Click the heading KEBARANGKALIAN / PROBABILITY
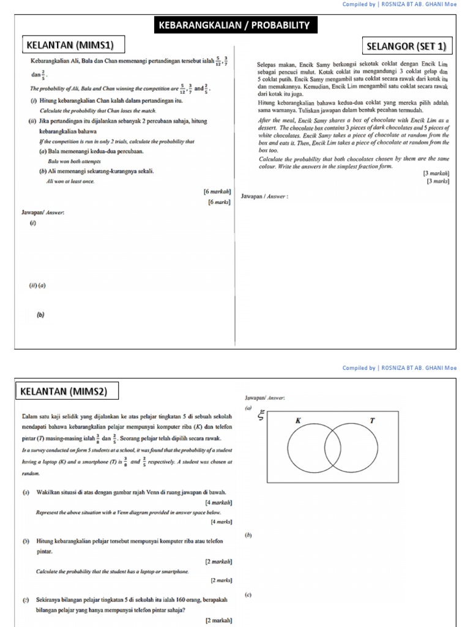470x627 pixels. (235, 25)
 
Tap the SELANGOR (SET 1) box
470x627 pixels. (407, 47)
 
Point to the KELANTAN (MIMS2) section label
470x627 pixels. (68, 391)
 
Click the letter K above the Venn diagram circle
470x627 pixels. (298, 421)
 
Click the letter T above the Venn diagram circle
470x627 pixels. (371, 421)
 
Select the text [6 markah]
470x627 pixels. (217, 191)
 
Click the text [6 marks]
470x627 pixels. (219, 201)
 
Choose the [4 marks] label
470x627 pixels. (221, 522)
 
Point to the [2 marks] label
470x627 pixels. (221, 580)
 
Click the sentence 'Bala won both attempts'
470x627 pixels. (75, 161)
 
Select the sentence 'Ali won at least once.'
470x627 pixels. (70, 181)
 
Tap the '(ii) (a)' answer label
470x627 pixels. (37, 285)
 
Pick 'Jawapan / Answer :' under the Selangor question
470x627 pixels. (265, 197)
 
